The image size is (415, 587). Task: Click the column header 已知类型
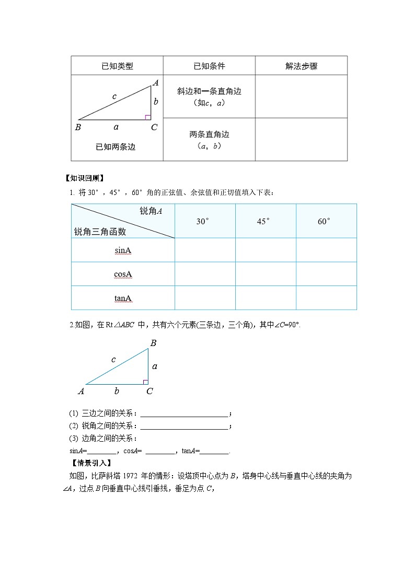(117, 66)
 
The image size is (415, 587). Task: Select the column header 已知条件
(209, 66)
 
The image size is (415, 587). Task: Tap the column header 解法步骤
(301, 66)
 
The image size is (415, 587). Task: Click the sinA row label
(123, 250)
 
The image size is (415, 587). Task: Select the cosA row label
(123, 274)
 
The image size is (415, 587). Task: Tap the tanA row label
(123, 298)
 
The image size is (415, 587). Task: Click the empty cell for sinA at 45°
(266, 250)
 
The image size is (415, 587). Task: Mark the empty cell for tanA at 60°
(326, 298)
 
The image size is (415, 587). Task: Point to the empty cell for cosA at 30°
(205, 274)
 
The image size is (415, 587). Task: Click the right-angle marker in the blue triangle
(146, 382)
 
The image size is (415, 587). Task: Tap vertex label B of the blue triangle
(153, 343)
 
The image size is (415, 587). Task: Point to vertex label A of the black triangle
(155, 83)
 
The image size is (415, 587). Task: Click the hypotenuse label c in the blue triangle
(113, 360)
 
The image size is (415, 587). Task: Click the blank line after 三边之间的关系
(184, 413)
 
